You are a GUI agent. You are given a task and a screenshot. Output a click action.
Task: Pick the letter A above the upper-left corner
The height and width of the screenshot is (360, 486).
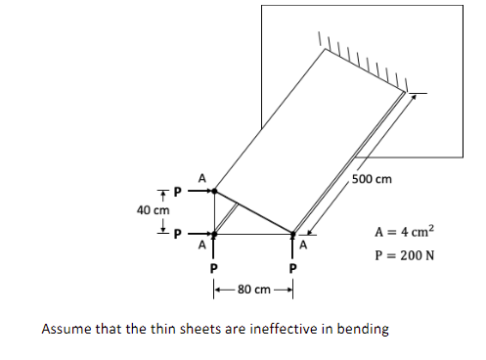[201, 178]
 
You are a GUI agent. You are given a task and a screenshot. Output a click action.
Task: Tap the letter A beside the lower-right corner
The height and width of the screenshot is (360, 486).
[304, 246]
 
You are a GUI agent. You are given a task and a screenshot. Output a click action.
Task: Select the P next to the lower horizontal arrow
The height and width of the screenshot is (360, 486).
[178, 235]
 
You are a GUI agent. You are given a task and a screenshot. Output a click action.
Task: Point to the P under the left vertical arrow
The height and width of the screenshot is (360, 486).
[214, 268]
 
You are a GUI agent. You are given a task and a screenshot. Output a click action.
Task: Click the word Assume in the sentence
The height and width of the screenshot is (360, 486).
[66, 329]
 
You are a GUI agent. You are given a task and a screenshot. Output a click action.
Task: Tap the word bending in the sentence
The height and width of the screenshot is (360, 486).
[364, 329]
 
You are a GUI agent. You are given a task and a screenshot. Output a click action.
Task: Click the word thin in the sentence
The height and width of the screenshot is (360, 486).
[152, 329]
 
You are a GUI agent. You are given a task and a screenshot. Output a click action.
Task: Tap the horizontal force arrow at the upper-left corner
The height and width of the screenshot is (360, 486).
[199, 192]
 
